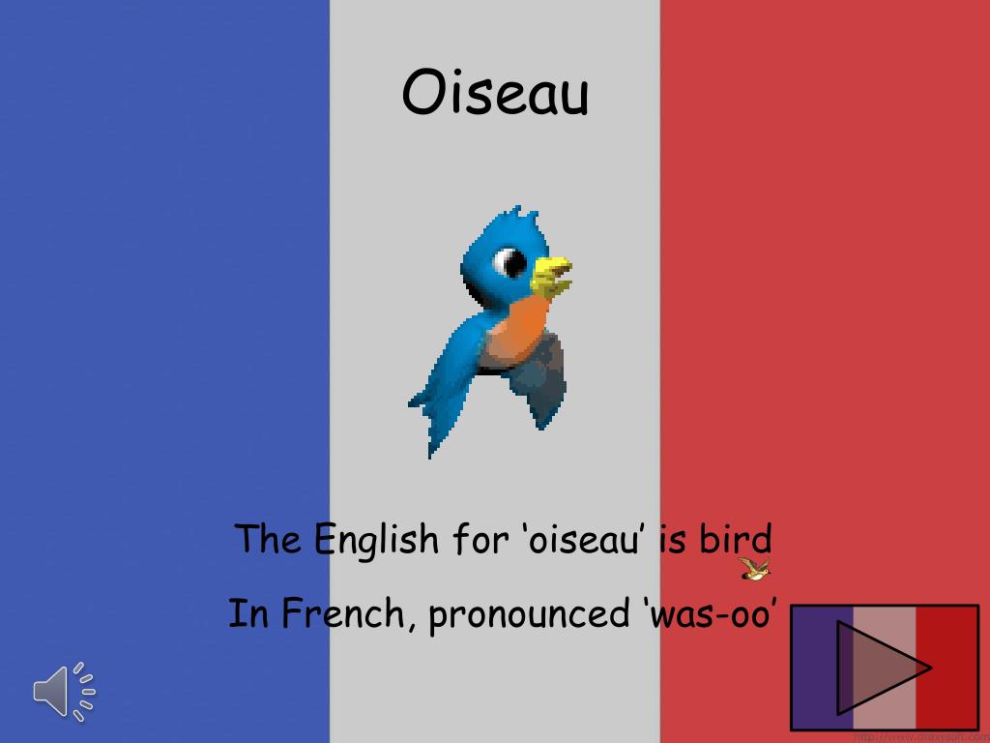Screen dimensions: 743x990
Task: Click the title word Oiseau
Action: coord(495,94)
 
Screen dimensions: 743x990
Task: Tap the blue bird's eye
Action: coord(510,261)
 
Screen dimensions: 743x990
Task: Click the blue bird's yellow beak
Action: coord(551,275)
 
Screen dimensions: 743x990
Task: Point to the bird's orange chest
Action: coord(517,329)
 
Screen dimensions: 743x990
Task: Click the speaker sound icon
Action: coord(64,691)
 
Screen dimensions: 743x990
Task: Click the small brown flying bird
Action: coord(754,569)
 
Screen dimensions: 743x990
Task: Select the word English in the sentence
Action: coord(377,539)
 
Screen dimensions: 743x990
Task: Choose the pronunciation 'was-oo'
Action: coord(709,613)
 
